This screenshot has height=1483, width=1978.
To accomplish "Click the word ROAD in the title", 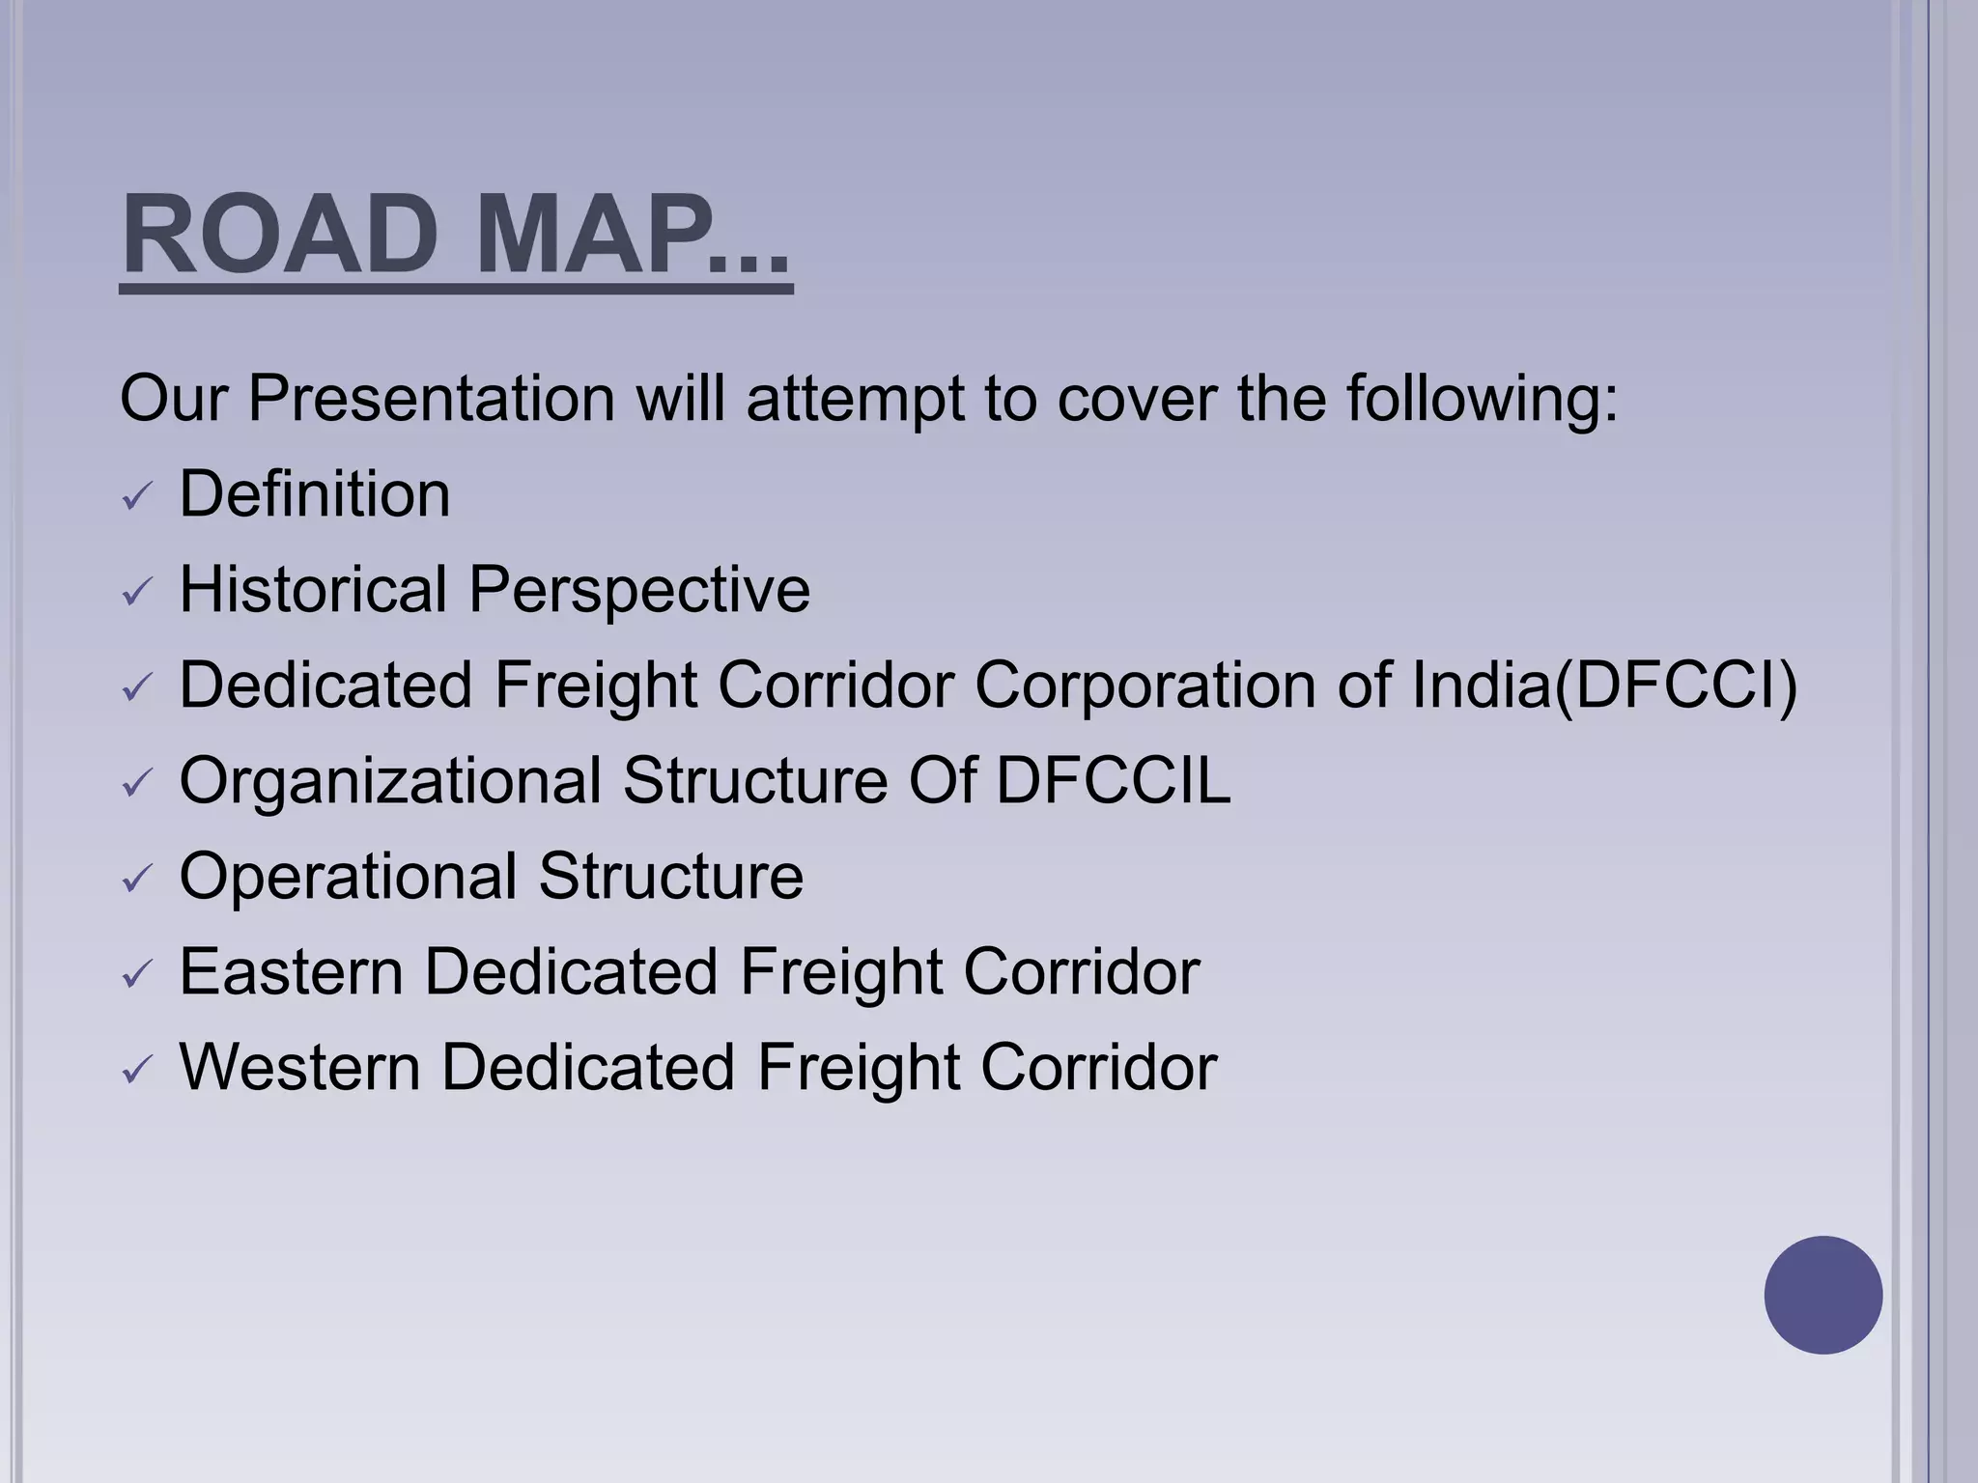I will coord(280,235).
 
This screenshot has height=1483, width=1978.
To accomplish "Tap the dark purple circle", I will coord(1823,1295).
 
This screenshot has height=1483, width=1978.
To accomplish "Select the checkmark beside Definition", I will coord(138,497).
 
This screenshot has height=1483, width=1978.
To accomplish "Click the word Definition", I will coord(315,493).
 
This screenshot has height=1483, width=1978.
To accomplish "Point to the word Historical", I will coord(314,589).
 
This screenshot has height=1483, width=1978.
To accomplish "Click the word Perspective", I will coord(639,591).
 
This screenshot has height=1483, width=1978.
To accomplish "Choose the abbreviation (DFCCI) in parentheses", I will coord(1675,686).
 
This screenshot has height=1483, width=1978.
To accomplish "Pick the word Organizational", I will coord(390,781).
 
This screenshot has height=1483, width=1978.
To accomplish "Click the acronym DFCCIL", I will coord(1113,780).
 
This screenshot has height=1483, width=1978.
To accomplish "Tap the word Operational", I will coord(348,876).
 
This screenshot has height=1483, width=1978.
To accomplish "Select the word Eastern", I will coord(291,971).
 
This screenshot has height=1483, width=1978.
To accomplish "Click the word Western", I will coord(299,1067).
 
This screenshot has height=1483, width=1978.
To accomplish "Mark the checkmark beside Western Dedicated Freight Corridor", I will coord(138,1070).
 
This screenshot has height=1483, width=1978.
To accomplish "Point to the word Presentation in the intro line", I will coord(431,398).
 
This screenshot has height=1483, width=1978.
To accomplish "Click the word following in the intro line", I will coord(1482,398).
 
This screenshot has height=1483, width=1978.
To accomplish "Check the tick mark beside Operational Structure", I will coord(138,879).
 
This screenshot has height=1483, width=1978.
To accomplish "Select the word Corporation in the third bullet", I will coord(1144,686).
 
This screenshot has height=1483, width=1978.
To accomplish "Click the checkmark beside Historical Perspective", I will coord(138,592).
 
